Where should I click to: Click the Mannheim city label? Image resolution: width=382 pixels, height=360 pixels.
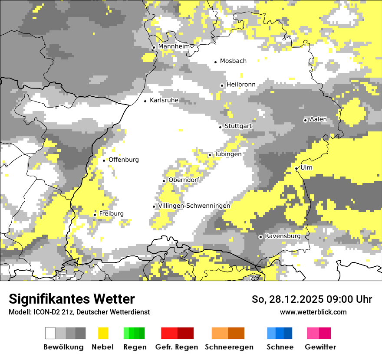(174, 46)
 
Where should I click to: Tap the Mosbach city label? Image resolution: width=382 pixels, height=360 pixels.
(233, 61)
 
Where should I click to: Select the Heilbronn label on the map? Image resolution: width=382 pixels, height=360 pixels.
(241, 85)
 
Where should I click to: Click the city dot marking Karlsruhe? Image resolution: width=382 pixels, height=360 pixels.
(145, 101)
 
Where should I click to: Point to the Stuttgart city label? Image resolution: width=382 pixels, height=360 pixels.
(238, 126)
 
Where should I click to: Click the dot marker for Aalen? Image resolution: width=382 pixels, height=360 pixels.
(305, 120)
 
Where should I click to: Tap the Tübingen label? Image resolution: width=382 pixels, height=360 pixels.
(228, 154)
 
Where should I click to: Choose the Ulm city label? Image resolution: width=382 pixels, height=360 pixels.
(306, 168)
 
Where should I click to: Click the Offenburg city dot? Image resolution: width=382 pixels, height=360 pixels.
(104, 160)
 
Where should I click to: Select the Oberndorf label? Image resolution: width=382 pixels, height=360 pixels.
(184, 180)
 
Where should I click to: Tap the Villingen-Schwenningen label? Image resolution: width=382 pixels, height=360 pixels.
(194, 206)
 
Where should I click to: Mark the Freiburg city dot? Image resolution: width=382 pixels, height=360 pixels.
(95, 215)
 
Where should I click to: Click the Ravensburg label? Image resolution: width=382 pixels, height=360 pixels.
(283, 236)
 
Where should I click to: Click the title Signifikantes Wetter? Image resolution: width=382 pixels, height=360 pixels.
(72, 299)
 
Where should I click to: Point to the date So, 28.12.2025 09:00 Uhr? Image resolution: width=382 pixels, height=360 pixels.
(312, 299)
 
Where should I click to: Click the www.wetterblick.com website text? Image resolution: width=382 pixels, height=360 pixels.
(313, 312)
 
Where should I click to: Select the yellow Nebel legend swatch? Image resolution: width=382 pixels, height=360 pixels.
(103, 333)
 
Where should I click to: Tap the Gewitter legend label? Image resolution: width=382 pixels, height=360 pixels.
(320, 347)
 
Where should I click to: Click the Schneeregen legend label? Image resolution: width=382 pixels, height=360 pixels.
(229, 347)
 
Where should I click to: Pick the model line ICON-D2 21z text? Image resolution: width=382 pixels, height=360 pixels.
(79, 312)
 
